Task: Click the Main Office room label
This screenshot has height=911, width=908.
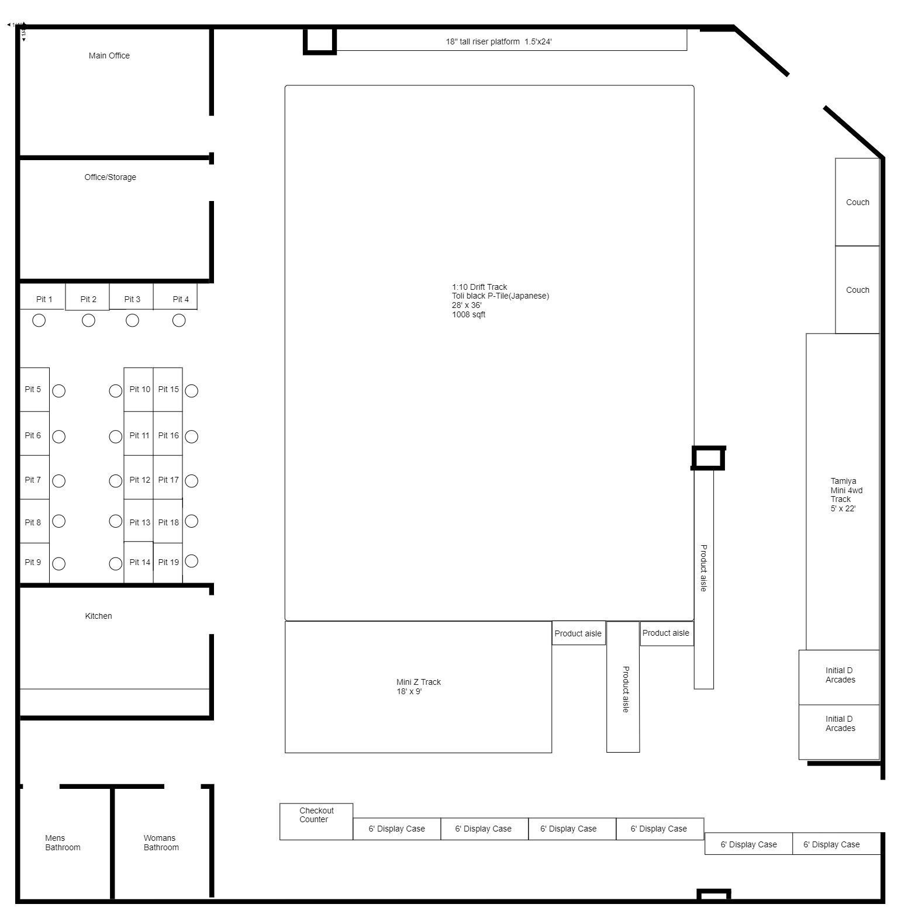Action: click(x=109, y=56)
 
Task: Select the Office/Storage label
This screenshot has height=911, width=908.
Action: click(x=110, y=177)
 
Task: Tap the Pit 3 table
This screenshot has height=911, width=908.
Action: click(x=132, y=296)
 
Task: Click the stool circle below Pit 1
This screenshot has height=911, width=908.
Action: click(x=39, y=320)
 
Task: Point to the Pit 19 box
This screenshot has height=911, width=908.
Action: click(x=168, y=563)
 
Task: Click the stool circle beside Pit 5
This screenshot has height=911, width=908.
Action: click(x=58, y=391)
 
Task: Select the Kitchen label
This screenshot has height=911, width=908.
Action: click(x=98, y=616)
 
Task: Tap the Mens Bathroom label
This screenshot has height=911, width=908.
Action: click(x=63, y=843)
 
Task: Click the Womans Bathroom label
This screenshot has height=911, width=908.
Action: click(x=161, y=843)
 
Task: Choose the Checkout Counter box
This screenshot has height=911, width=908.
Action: click(x=316, y=822)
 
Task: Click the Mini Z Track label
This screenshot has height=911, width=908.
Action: click(x=419, y=687)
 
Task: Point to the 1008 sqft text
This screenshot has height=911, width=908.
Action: click(x=469, y=314)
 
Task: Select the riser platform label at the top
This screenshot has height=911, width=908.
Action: click(x=499, y=41)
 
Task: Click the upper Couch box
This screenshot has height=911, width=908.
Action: click(x=857, y=202)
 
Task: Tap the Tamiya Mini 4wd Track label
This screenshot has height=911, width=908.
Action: click(x=847, y=495)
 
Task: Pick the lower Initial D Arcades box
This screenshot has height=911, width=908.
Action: click(x=839, y=732)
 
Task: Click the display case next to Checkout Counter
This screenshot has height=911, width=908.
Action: click(x=397, y=829)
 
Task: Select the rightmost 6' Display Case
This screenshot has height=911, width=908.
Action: click(x=836, y=844)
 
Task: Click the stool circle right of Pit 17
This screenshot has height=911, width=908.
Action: click(x=191, y=481)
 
